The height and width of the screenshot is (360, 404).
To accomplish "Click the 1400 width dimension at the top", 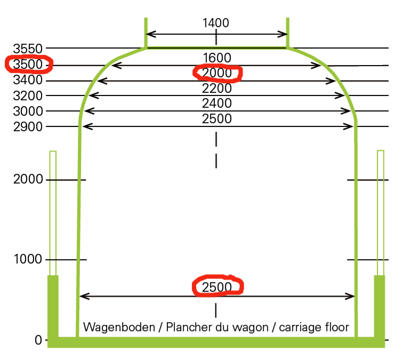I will click(216, 23).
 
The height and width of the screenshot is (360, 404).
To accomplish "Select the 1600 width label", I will click(216, 58).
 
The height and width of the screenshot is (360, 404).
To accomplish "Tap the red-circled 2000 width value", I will click(217, 73).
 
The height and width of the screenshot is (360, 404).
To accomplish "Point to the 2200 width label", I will click(216, 88).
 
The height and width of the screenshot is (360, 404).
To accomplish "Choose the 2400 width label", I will click(216, 103).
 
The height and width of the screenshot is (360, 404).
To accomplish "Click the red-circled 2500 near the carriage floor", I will click(217, 287).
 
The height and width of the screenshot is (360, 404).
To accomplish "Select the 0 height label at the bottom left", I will click(38, 340).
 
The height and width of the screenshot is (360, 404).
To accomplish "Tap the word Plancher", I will click(186, 327).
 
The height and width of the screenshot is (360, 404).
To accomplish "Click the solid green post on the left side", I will click(53, 307).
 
